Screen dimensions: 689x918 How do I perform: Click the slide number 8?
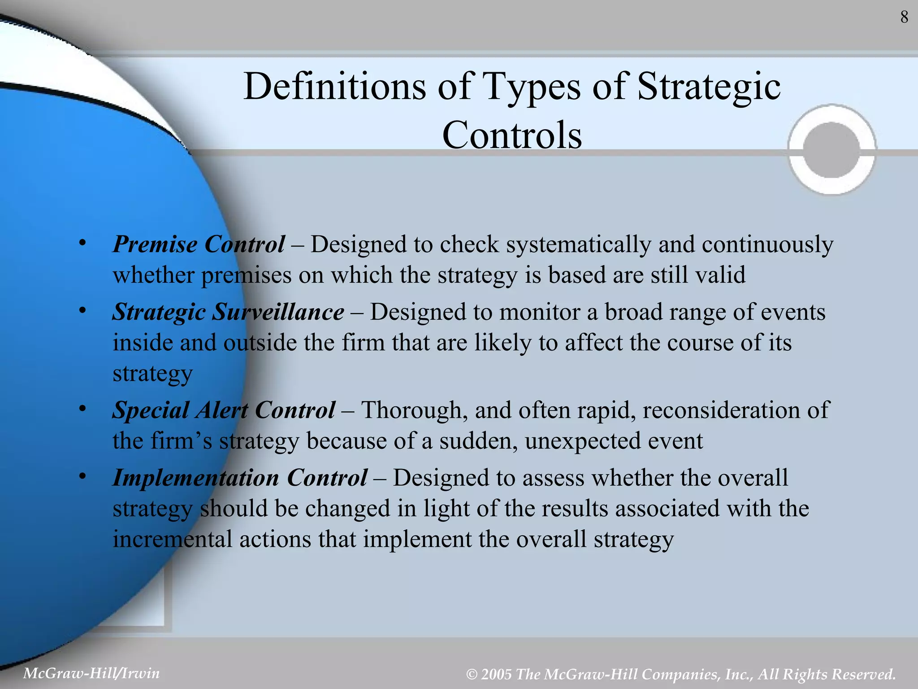click(904, 17)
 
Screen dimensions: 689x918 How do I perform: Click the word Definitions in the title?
click(334, 86)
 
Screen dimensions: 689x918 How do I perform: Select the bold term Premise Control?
click(199, 244)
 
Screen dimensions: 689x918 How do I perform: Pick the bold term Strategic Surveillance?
click(228, 312)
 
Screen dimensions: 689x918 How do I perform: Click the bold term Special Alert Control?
click(223, 410)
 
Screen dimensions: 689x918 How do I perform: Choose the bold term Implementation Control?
click(240, 477)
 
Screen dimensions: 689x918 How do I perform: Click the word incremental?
click(172, 539)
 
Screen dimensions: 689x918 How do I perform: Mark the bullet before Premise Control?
click(82, 243)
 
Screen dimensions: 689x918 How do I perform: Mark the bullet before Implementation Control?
click(82, 476)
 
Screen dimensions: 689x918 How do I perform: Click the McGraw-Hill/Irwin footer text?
click(91, 673)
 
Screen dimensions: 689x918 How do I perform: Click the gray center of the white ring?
click(831, 149)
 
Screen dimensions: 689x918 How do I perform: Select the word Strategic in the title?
click(709, 86)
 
